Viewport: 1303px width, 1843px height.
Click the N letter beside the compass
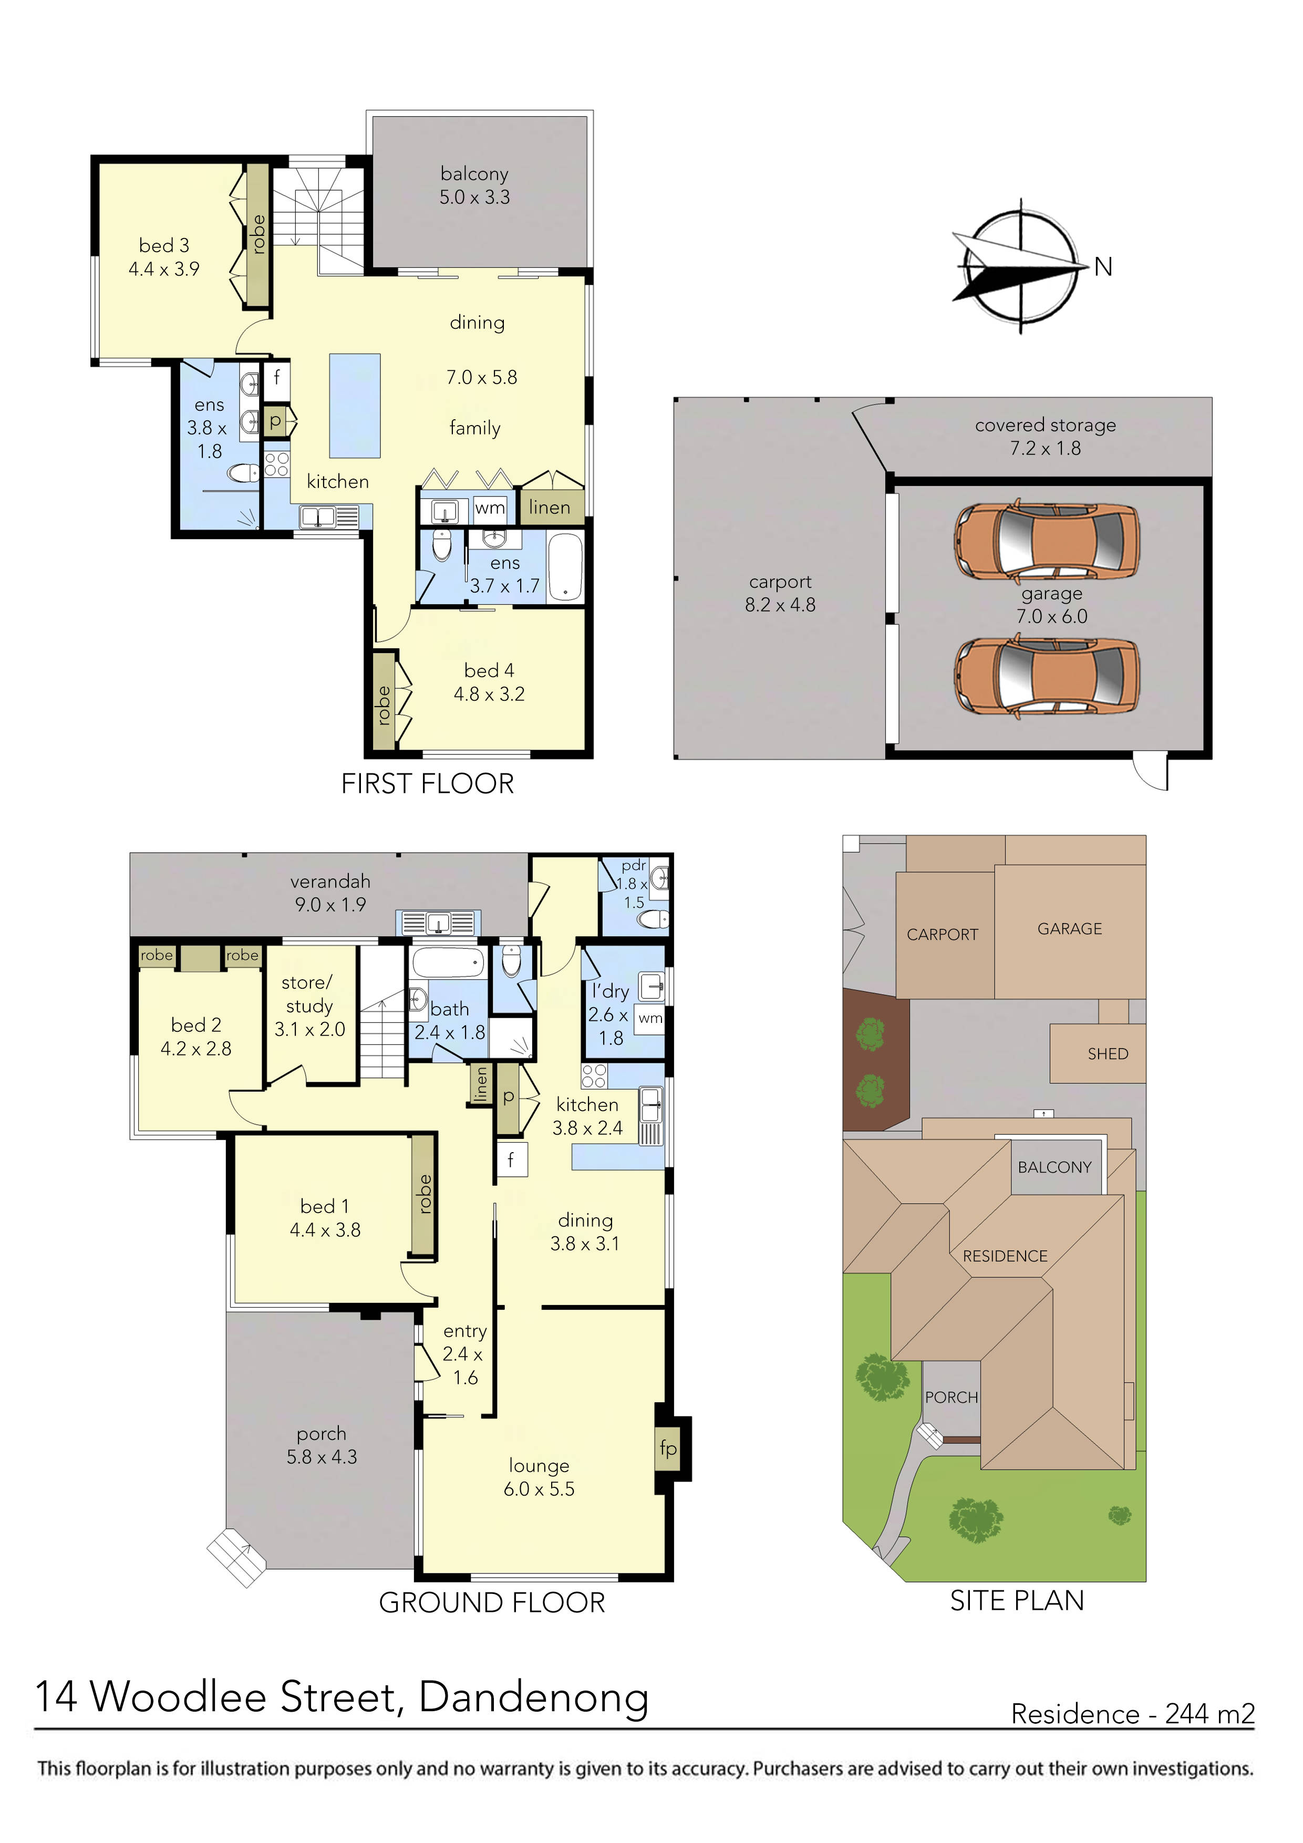[x=1103, y=267]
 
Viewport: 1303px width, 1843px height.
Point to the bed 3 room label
[x=164, y=246]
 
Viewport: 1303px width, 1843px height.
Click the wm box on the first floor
[x=490, y=508]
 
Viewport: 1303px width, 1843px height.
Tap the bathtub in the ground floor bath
[x=447, y=961]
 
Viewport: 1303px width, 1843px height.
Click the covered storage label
[x=1046, y=426]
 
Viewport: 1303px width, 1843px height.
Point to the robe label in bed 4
[x=384, y=705]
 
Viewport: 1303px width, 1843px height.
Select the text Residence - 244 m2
[x=1132, y=1714]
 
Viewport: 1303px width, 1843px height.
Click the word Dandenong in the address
[x=533, y=1697]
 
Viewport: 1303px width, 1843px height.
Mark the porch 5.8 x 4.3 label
[x=321, y=1445]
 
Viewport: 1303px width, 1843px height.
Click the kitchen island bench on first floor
[x=354, y=406]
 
